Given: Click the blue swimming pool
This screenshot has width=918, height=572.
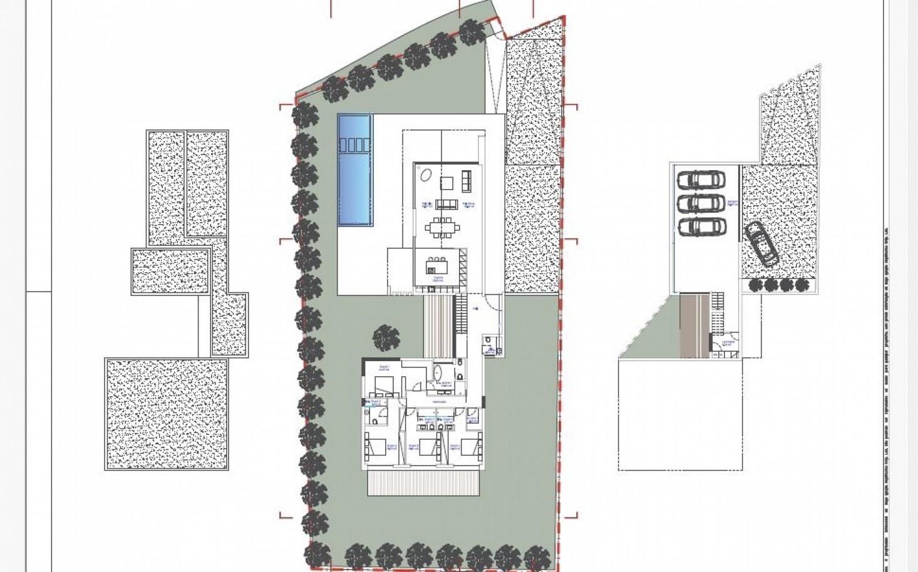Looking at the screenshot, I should click(355, 181).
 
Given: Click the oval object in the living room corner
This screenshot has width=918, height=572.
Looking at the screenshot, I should click(425, 175).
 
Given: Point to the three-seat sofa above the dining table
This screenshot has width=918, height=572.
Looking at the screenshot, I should click(446, 203).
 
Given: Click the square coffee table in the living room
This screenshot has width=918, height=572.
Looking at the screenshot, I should click(446, 183).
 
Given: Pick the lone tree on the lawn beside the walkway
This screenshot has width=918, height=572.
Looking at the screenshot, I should click(386, 339).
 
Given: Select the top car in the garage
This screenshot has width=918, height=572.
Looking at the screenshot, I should click(701, 180).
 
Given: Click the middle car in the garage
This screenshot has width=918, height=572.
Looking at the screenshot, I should click(701, 203).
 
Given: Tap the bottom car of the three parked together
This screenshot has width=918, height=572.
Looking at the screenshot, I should click(701, 227).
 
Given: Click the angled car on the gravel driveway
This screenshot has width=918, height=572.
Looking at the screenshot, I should click(761, 243).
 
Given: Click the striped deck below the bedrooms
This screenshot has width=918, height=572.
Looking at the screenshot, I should click(424, 483).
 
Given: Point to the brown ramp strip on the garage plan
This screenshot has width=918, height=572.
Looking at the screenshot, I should click(693, 325).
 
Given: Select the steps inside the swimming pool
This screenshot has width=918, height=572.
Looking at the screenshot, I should click(355, 145).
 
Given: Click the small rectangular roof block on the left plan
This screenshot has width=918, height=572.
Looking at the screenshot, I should click(170, 272).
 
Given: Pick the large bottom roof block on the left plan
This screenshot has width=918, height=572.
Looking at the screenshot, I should click(167, 413).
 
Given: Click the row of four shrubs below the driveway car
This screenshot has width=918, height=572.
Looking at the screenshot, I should click(778, 285).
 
